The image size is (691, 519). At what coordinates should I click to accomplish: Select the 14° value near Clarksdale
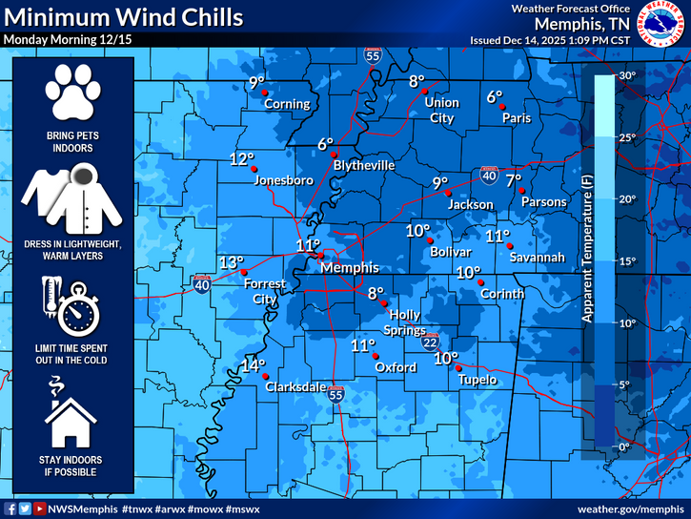coord(253,365)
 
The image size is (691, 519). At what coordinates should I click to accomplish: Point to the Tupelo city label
coord(476,381)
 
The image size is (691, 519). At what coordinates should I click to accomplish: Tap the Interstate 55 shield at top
coord(373,57)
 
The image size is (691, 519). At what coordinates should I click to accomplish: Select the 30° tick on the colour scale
coord(626,75)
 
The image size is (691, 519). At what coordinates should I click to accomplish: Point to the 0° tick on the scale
coord(626,446)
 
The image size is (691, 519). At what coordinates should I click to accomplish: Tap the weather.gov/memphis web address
coord(631,509)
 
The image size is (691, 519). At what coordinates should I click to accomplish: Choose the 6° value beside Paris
coord(494,96)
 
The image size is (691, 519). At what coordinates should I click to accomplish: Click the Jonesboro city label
coord(284,179)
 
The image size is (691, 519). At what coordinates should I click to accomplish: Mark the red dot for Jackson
coord(449,193)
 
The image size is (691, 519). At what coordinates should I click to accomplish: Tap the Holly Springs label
coord(405,323)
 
